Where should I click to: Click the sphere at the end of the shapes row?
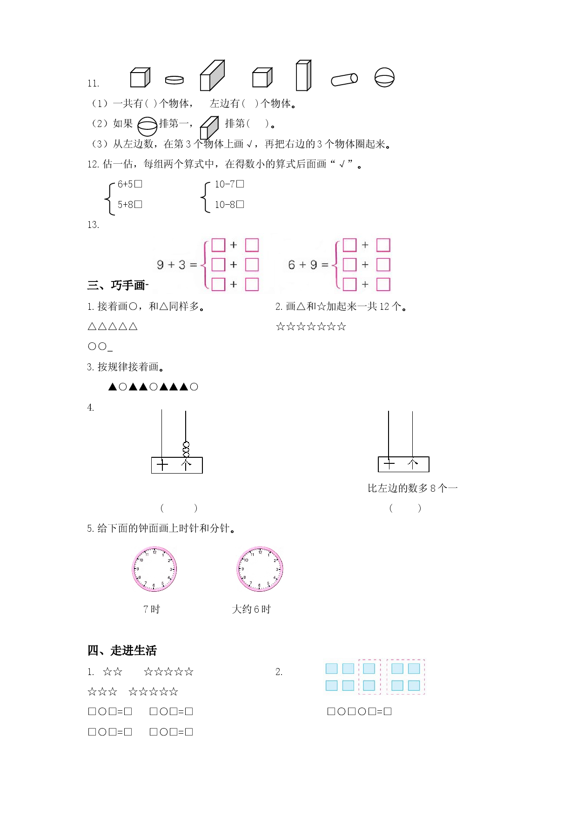(x=384, y=78)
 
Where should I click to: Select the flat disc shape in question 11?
(x=174, y=80)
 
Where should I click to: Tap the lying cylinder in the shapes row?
(x=344, y=80)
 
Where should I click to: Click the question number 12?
(x=93, y=164)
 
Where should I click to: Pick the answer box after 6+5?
(x=138, y=184)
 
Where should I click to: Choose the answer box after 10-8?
(x=240, y=205)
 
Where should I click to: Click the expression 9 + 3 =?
(x=177, y=265)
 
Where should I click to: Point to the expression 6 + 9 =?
(x=309, y=265)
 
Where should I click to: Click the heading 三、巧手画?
(x=117, y=285)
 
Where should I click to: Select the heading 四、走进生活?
(x=122, y=650)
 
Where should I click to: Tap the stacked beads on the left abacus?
(x=186, y=449)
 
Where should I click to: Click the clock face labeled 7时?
(x=154, y=569)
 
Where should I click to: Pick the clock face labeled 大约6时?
(x=260, y=569)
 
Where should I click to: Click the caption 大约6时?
(x=251, y=609)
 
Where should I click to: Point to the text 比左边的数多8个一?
(x=413, y=488)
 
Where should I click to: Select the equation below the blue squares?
(x=359, y=711)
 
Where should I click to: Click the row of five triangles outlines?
(x=113, y=327)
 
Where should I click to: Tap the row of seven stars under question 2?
(x=311, y=327)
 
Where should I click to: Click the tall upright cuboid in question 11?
(x=303, y=75)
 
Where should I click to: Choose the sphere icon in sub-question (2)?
(x=148, y=126)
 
